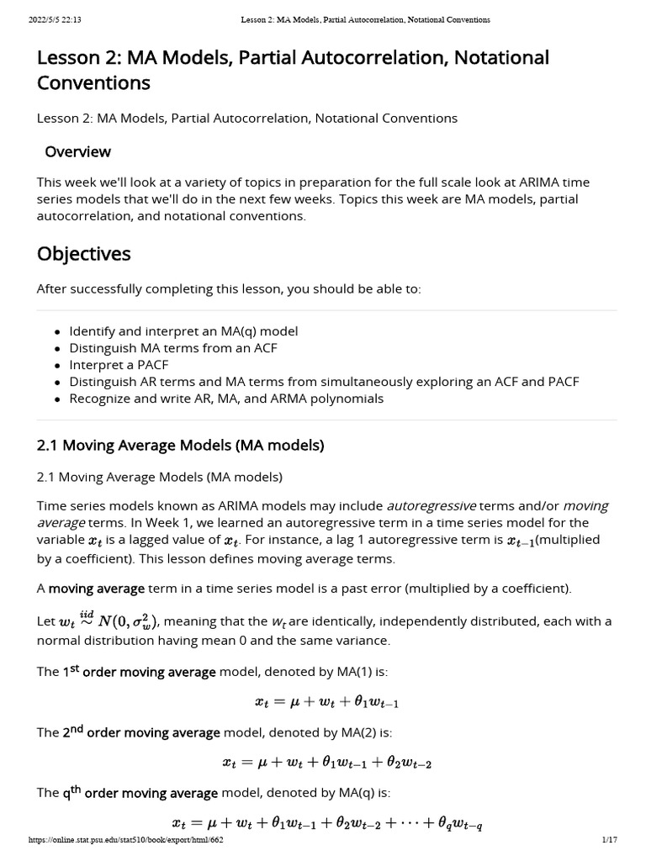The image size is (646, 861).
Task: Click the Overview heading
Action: [77, 152]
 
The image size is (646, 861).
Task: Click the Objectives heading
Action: [83, 253]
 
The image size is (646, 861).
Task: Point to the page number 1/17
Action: [610, 840]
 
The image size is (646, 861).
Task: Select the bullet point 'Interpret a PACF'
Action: [119, 365]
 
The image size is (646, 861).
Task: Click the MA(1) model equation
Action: [326, 701]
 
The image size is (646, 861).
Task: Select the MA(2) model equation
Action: [326, 763]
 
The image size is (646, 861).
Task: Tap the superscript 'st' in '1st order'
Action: [73, 668]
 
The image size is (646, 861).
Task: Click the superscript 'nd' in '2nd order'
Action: [77, 729]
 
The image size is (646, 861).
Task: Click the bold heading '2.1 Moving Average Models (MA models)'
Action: [180, 445]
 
